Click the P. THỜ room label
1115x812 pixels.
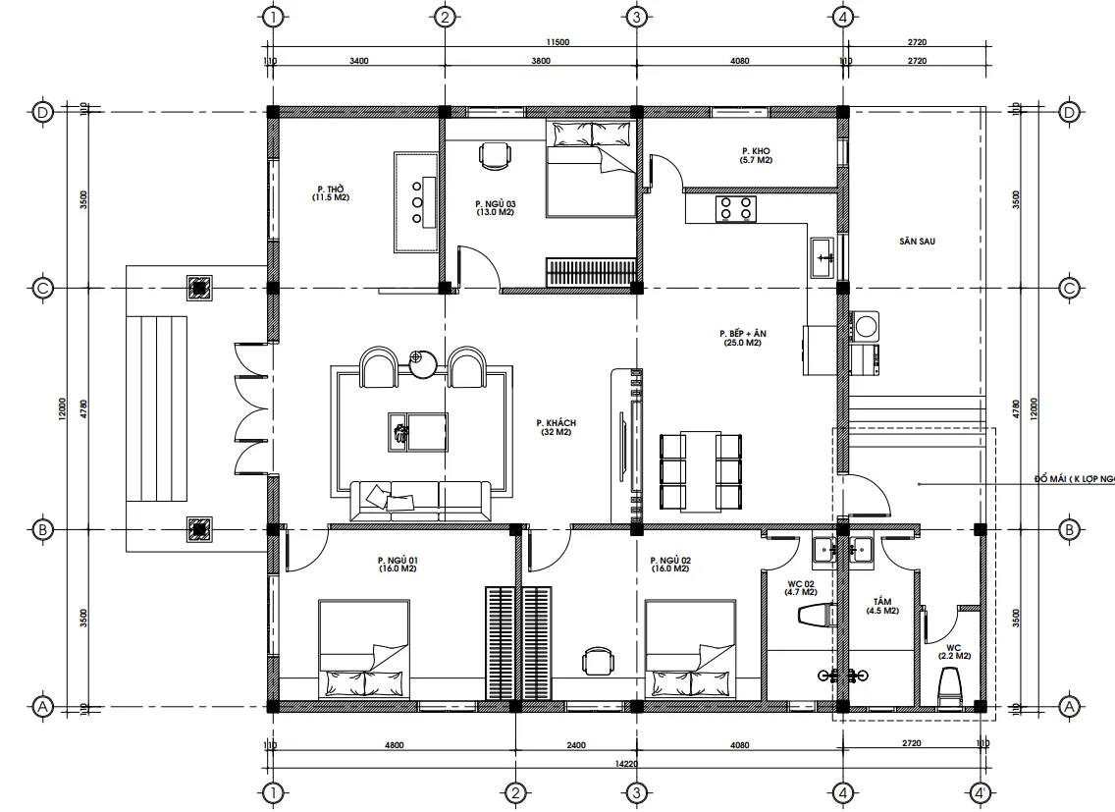(330, 192)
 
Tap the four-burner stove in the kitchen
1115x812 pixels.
(736, 207)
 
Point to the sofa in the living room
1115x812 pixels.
(420, 500)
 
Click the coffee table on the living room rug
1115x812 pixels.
(418, 431)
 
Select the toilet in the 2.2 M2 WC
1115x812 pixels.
(949, 685)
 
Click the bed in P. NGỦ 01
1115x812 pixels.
(363, 649)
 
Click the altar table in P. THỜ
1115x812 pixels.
(415, 201)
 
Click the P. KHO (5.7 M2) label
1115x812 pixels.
(756, 155)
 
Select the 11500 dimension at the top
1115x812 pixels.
(557, 42)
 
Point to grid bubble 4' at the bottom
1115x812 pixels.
(979, 792)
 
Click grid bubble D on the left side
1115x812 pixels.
(42, 112)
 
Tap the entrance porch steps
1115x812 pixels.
(156, 408)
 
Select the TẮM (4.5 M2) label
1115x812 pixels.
(881, 606)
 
